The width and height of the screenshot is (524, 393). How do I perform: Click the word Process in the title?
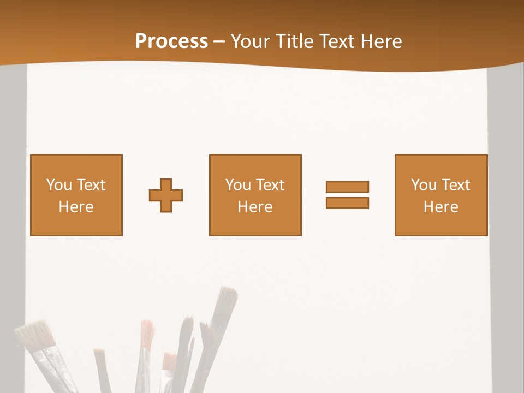click(x=171, y=41)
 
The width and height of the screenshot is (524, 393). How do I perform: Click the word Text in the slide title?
click(x=341, y=41)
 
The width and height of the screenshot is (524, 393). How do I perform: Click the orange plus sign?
click(x=166, y=195)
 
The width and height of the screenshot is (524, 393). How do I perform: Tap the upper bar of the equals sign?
click(x=347, y=187)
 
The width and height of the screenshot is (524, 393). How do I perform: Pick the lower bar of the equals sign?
click(x=347, y=203)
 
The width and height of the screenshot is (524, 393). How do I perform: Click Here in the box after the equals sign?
click(x=441, y=207)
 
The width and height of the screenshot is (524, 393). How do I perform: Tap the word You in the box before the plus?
click(x=59, y=185)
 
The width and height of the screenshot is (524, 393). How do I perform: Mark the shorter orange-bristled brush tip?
click(x=170, y=361)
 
